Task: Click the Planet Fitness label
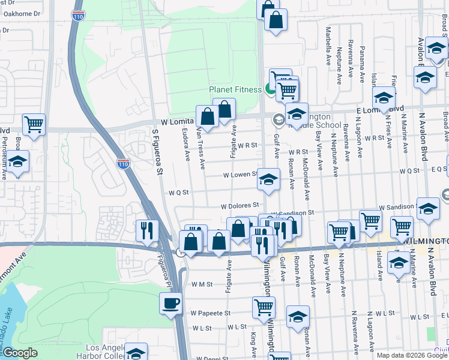(x=235, y=90)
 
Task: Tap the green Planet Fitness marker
(x=270, y=90)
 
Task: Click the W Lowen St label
(x=240, y=175)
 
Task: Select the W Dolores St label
(x=239, y=206)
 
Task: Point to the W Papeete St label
(x=211, y=313)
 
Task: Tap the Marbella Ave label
(x=328, y=45)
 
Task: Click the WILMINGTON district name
(x=426, y=241)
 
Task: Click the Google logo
(x=20, y=353)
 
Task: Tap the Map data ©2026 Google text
(x=412, y=355)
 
